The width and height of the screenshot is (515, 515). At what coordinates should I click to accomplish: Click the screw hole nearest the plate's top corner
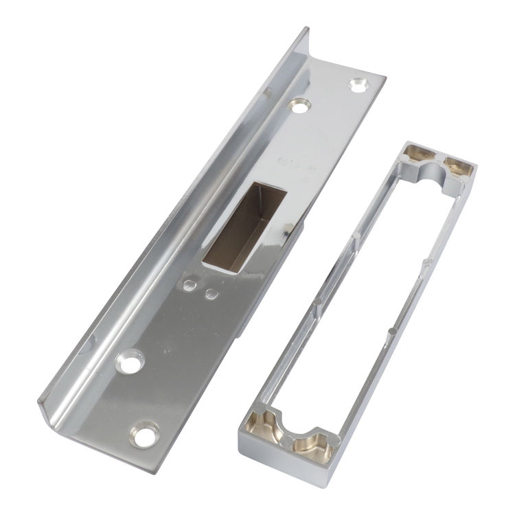pyautogui.click(x=356, y=84)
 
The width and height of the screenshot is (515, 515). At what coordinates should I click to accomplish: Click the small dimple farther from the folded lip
pyautogui.click(x=211, y=295)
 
